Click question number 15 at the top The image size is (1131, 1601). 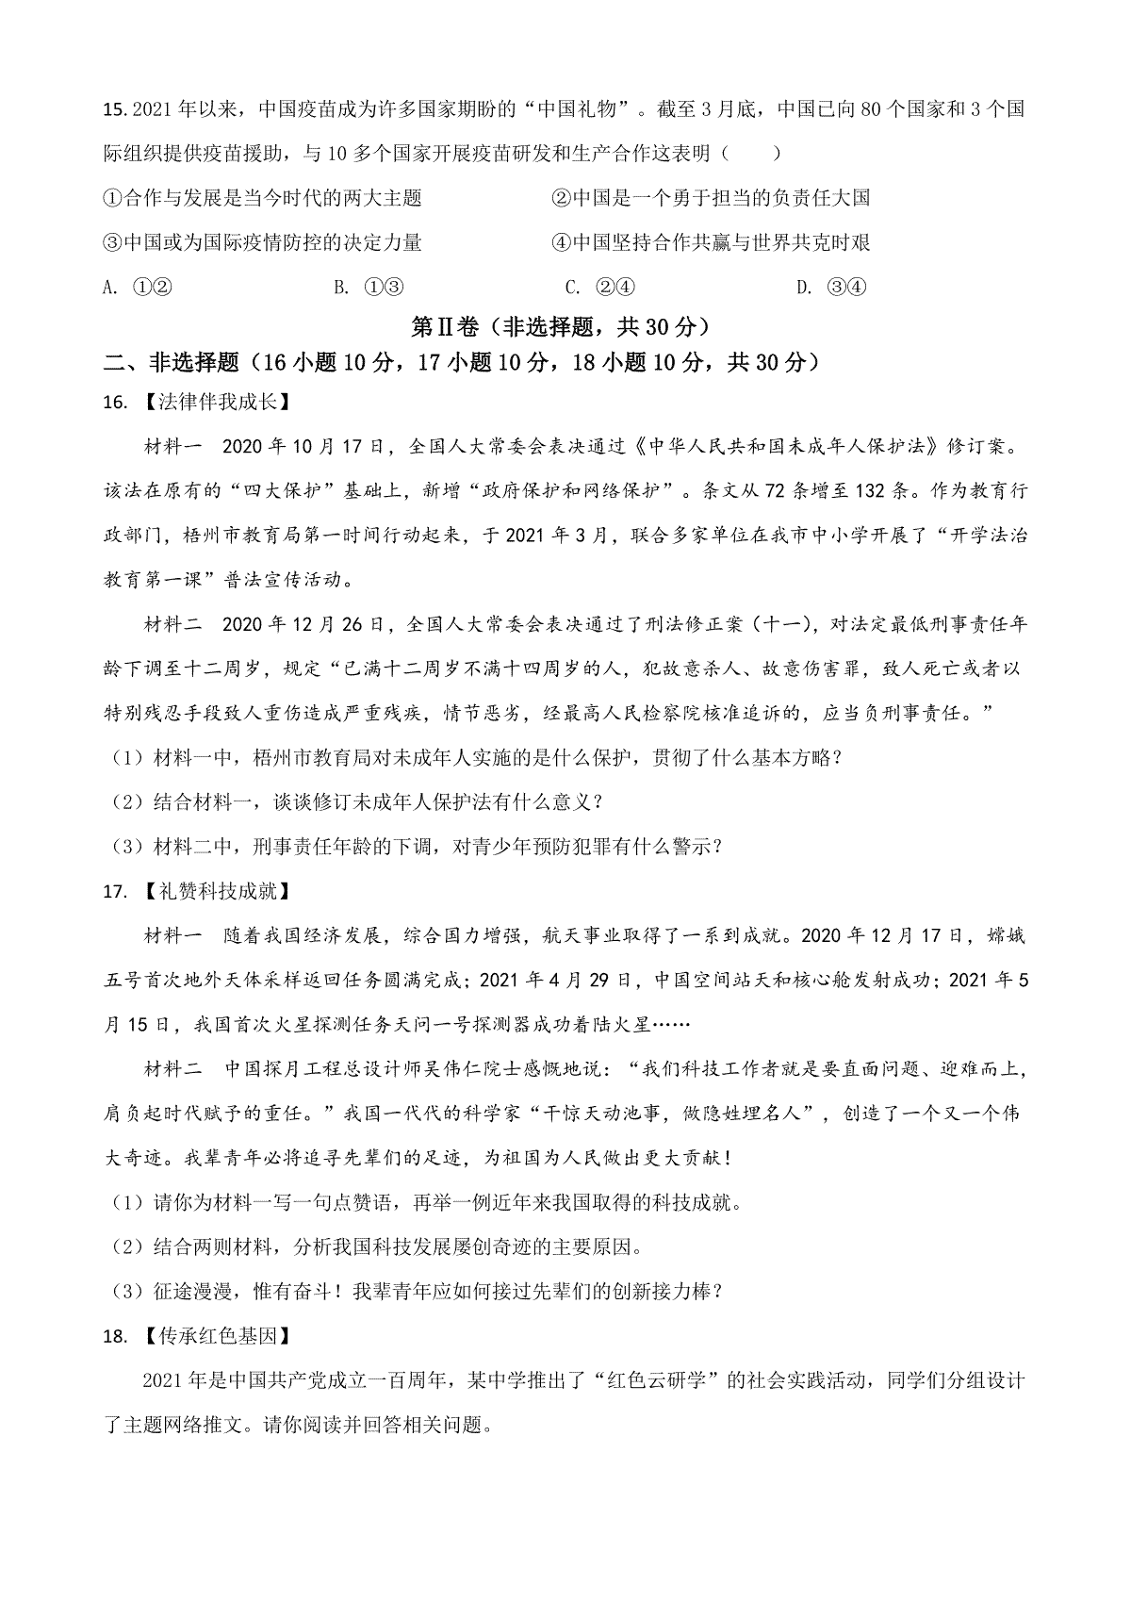(x=114, y=109)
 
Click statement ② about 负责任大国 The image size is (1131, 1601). (x=711, y=198)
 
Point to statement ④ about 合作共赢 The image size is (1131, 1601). (x=711, y=243)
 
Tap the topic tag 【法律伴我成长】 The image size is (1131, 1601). (x=201, y=403)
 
